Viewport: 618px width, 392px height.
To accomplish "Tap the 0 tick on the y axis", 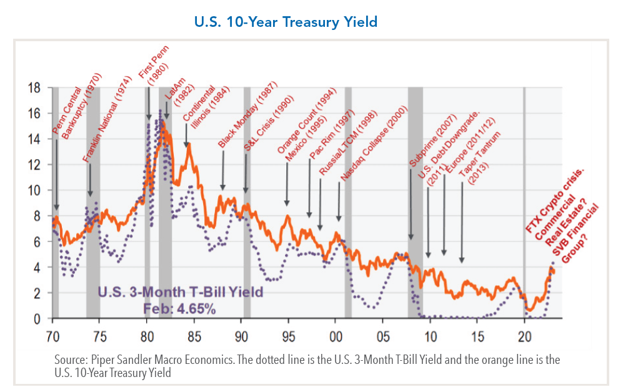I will tap(37, 318).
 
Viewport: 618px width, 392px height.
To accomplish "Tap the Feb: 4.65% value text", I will tap(180, 309).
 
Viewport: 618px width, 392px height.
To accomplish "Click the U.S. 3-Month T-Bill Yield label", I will tap(180, 292).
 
